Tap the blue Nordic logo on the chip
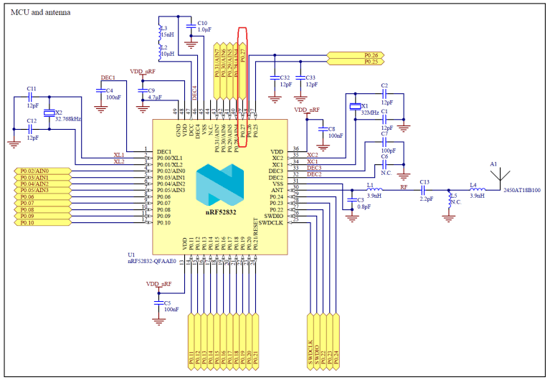click(x=221, y=182)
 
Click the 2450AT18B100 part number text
click(x=521, y=191)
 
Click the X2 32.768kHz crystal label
click(x=67, y=116)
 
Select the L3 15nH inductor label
click(x=166, y=32)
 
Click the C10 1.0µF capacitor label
click(x=202, y=27)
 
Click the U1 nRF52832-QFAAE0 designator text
click(x=151, y=258)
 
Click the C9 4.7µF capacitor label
click(x=153, y=94)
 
